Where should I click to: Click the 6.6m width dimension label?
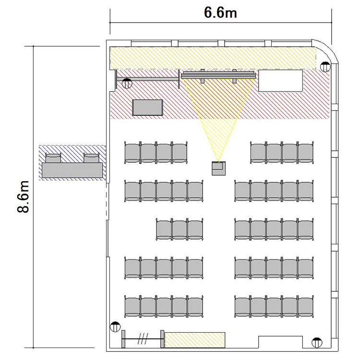[220, 12]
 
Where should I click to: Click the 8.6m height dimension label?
[23, 196]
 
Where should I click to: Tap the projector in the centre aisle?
[218, 168]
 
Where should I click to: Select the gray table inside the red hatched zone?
[148, 107]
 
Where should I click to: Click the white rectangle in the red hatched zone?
[281, 81]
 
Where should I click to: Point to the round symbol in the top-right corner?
[325, 67]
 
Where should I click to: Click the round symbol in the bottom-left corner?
[115, 327]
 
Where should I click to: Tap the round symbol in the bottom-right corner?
[317, 343]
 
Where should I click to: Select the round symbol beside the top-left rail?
[127, 83]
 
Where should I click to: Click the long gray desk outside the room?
[72, 170]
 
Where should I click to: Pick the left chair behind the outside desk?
[53, 158]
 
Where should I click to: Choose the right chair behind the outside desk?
[91, 158]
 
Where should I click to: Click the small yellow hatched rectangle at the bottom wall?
[195, 340]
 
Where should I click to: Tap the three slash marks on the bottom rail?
[143, 339]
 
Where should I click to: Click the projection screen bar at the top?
[218, 75]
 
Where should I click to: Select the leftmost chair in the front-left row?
[132, 153]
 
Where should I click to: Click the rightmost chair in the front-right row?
[306, 153]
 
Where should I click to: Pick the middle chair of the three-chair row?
[180, 229]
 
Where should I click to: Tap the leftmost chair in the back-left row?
[132, 307]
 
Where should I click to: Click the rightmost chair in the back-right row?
[306, 307]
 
